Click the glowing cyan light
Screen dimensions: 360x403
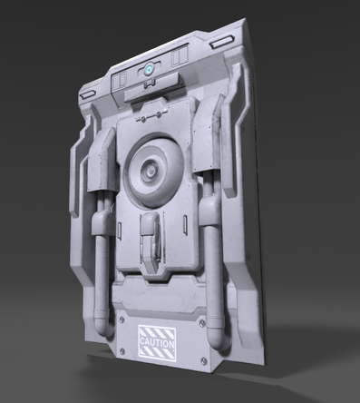(x=149, y=70)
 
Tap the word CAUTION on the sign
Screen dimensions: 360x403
(x=157, y=343)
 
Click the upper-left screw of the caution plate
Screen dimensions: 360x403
(x=122, y=319)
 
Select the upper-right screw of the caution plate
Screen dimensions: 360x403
(x=202, y=324)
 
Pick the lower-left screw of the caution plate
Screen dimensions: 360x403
(x=122, y=351)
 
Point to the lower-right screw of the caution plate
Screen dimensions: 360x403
(x=204, y=360)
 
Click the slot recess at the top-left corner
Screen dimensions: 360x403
(x=87, y=94)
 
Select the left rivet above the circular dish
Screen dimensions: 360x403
(x=143, y=119)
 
